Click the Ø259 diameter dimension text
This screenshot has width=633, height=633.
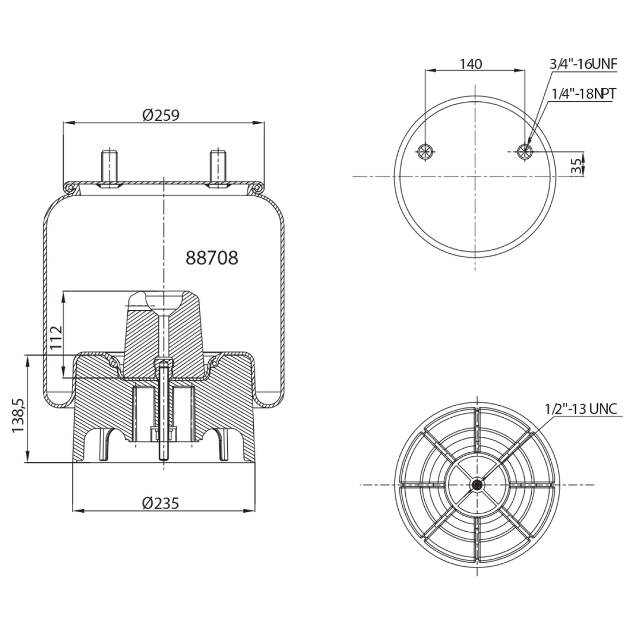pyautogui.click(x=161, y=115)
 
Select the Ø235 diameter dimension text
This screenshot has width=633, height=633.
pyautogui.click(x=161, y=504)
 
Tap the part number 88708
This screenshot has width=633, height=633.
pyautogui.click(x=212, y=258)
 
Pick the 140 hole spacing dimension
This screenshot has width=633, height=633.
pyautogui.click(x=471, y=64)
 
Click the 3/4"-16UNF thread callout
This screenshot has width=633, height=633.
pyautogui.click(x=583, y=64)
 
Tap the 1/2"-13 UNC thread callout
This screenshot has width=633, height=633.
pyautogui.click(x=581, y=409)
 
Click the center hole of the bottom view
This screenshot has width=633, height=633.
pyautogui.click(x=476, y=485)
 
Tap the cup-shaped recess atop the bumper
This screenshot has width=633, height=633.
pyautogui.click(x=164, y=300)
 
